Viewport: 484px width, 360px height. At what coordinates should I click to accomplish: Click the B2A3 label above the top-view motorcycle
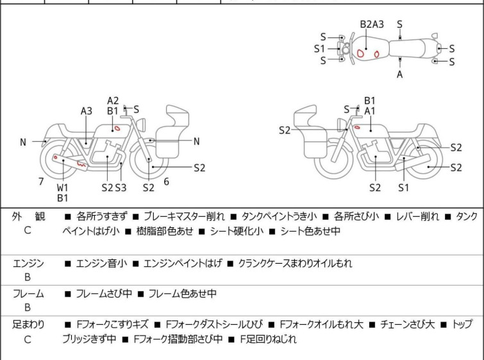point(372,24)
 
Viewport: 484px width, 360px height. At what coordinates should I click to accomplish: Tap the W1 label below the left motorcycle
point(62,187)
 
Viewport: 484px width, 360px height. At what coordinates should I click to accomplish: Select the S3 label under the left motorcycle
point(121,187)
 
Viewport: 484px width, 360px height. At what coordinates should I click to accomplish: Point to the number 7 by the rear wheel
point(41,182)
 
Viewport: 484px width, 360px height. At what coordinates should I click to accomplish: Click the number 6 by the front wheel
point(166,182)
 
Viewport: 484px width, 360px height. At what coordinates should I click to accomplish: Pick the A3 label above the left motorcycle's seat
point(87,111)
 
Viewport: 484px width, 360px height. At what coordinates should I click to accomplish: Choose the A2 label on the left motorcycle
point(113,101)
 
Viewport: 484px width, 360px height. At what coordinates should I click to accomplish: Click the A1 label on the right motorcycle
point(370,111)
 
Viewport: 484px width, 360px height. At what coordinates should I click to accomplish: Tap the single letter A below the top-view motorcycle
point(400,74)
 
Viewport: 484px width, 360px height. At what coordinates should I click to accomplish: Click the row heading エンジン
point(28,263)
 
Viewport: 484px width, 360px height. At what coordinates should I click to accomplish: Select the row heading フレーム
point(28,294)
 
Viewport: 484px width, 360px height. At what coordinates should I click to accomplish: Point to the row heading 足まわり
point(28,325)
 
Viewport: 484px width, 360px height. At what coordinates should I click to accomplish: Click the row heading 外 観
point(28,217)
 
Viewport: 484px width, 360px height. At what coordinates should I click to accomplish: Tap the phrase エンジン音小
point(101,263)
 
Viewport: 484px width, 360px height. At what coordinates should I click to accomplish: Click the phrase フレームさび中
point(104,294)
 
